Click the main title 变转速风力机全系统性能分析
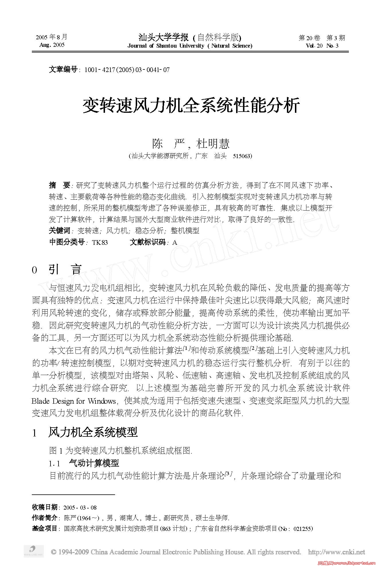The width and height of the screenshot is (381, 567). tap(191, 106)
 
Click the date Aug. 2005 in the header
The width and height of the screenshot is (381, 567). tap(52, 45)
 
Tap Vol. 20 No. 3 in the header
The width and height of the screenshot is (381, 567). tap(322, 46)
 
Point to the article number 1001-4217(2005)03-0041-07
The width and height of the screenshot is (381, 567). tap(127, 70)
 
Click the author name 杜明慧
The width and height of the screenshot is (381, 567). tap(213, 144)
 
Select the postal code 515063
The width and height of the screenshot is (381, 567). tap(242, 156)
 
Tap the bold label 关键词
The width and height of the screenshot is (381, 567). tap(59, 230)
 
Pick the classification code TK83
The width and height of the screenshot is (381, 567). tap(100, 242)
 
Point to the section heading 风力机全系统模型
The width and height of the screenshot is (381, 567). tap(93, 432)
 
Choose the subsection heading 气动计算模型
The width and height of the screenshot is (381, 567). tap(94, 463)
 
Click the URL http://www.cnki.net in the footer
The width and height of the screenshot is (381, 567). tap(336, 552)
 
